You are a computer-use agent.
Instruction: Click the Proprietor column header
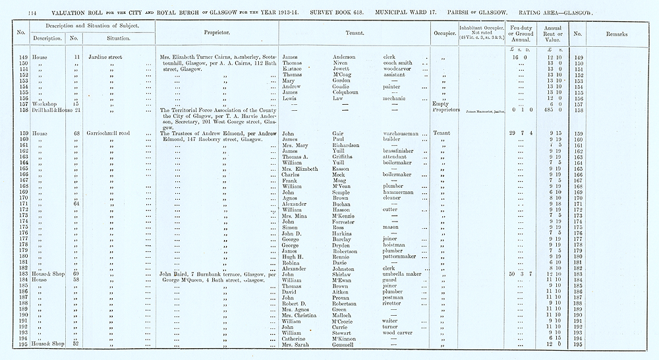pos(216,32)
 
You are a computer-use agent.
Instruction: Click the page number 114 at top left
pos(15,13)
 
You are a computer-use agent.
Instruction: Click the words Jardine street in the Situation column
pos(106,57)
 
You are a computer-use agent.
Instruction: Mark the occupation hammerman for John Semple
pos(399,192)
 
